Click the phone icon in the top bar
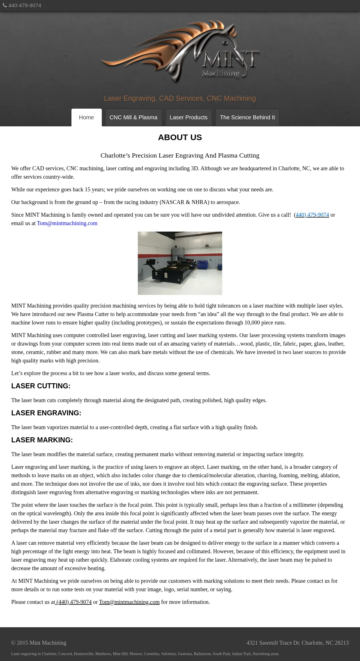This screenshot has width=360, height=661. [x=5, y=5]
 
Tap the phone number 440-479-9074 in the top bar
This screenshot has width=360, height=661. [x=25, y=6]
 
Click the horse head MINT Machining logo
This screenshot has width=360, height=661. [x=180, y=51]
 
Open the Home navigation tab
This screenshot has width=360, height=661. [x=86, y=117]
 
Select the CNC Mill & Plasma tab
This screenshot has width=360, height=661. [x=133, y=117]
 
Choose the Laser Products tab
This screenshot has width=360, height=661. [x=188, y=117]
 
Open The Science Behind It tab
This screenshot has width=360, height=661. [x=247, y=117]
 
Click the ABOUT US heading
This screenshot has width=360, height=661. [x=180, y=137]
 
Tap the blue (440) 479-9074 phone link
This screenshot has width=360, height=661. [x=312, y=215]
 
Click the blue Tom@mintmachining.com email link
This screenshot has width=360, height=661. [x=67, y=223]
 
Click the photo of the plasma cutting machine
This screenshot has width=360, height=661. [x=180, y=263]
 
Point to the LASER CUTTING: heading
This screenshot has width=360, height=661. [x=41, y=386]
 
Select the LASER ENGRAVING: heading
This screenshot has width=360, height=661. [x=46, y=413]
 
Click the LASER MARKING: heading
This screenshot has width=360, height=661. [x=42, y=440]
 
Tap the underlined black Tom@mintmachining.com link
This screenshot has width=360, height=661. [x=129, y=602]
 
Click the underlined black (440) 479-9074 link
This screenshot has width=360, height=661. [x=74, y=602]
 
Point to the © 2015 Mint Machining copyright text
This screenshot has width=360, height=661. [x=39, y=643]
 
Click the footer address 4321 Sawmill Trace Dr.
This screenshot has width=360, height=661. [x=298, y=643]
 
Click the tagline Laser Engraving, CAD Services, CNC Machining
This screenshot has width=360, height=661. [x=180, y=98]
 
